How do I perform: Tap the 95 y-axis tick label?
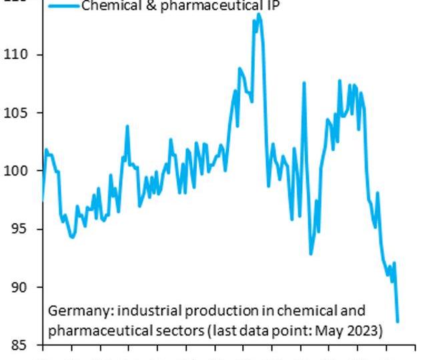[21, 229]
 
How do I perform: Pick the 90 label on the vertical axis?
[21, 287]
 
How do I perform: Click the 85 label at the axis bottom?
[21, 345]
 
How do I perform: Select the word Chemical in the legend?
[108, 6]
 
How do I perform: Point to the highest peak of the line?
[259, 14]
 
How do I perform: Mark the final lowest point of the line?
[398, 321]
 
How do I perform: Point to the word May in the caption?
[336, 331]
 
